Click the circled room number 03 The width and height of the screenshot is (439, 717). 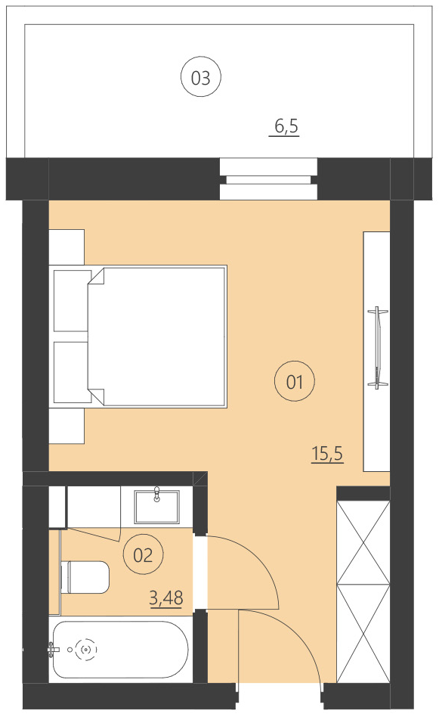coord(200,77)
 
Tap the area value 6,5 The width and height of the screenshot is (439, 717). coord(286,127)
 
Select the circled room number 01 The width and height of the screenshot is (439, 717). coord(294,382)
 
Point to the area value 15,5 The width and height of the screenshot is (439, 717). coord(327,454)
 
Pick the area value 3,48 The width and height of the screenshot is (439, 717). coord(167,599)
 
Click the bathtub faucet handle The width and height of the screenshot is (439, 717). coord(53,648)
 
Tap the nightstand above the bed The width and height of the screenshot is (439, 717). coord(66,247)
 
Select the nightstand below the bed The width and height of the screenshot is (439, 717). coord(66,426)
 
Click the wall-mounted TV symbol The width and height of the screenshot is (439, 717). coord(376,348)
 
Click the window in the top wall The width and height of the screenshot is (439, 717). coord(268,179)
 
